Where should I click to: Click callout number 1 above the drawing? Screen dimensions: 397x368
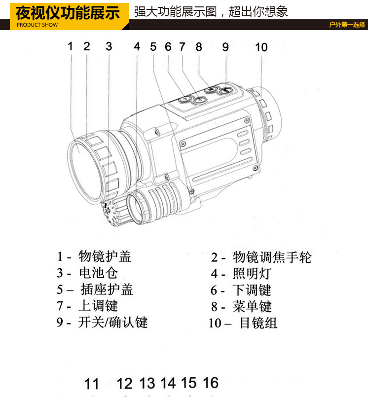pyautogui.click(x=70, y=46)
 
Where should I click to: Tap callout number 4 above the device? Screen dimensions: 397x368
pyautogui.click(x=137, y=46)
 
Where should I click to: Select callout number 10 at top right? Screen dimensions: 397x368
pyautogui.click(x=261, y=47)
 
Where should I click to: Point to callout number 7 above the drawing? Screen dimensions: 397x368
pyautogui.click(x=182, y=47)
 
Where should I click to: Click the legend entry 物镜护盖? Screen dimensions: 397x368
pyautogui.click(x=105, y=256)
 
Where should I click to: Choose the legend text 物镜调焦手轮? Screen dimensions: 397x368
pyautogui.click(x=272, y=257)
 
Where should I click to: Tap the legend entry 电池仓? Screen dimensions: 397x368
pyautogui.click(x=98, y=273)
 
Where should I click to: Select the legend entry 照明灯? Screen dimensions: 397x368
pyautogui.click(x=252, y=273)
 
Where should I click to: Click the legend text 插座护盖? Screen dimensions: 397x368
pyautogui.click(x=107, y=289)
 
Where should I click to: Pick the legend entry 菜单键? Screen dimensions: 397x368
pyautogui.click(x=252, y=306)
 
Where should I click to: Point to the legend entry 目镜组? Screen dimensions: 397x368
pyautogui.click(x=258, y=323)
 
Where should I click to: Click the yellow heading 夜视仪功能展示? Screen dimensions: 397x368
pyautogui.click(x=68, y=11)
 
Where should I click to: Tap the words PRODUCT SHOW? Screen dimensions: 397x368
pyautogui.click(x=37, y=25)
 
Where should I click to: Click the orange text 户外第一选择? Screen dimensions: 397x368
pyautogui.click(x=347, y=25)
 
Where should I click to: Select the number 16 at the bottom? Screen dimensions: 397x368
pyautogui.click(x=210, y=382)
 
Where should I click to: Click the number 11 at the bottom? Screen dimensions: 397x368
pyautogui.click(x=92, y=384)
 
